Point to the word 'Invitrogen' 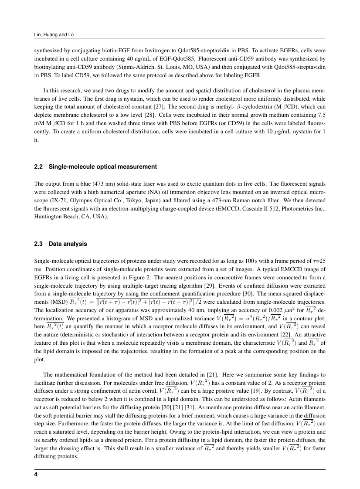pos(143,50)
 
